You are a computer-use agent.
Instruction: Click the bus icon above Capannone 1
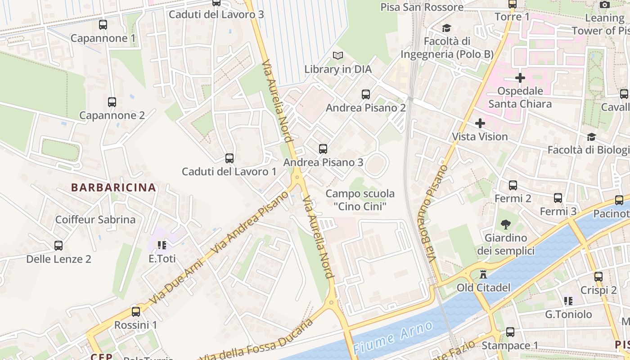point(103,25)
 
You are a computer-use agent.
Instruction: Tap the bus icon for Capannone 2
point(112,102)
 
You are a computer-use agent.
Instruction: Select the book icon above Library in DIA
point(338,56)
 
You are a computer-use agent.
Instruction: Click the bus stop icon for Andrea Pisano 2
point(366,94)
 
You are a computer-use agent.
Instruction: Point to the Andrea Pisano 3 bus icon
point(323,149)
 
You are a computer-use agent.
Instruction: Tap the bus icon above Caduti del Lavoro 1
point(229,158)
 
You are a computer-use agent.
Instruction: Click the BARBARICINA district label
point(114,188)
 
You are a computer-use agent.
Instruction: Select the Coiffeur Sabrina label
point(95,220)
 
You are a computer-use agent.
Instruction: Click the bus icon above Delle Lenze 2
point(58,246)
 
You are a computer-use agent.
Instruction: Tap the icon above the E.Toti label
point(162,245)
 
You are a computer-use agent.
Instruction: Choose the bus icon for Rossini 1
point(135,311)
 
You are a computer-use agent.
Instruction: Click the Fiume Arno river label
point(393,337)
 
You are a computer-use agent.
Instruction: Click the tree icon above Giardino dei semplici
point(506,224)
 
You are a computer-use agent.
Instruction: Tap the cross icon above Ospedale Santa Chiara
point(520,78)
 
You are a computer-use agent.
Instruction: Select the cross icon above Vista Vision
point(480,123)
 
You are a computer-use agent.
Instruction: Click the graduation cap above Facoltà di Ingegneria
point(447,28)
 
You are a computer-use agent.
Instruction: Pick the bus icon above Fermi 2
point(513,185)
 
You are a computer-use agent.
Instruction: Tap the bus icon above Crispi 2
point(598,277)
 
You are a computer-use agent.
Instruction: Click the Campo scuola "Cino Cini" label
point(360,200)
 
